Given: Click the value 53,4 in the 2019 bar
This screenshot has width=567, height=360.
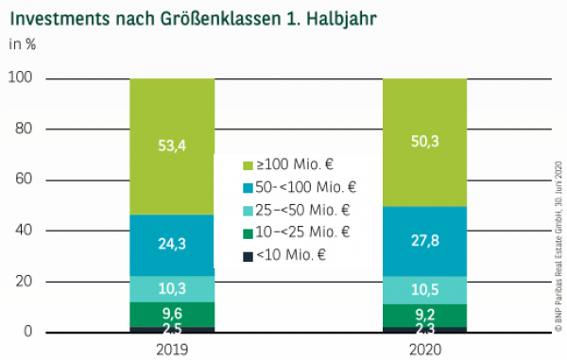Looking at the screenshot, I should [x=172, y=145].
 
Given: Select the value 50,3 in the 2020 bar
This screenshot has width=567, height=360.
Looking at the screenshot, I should [x=424, y=141].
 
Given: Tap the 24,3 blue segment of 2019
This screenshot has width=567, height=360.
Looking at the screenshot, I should [x=172, y=245].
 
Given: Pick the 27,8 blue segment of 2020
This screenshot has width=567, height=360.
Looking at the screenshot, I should [x=424, y=241].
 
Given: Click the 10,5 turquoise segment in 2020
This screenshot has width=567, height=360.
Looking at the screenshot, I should [x=424, y=289].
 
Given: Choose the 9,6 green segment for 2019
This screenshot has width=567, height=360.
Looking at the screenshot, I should [x=172, y=314].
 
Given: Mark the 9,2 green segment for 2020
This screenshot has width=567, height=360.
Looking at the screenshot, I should [x=424, y=314].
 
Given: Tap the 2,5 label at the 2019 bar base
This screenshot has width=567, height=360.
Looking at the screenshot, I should [x=172, y=328].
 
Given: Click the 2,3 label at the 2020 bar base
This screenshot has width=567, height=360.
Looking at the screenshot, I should [x=424, y=328].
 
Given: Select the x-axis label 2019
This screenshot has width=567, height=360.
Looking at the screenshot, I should [x=172, y=348].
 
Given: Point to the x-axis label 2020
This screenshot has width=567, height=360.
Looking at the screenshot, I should [x=424, y=348].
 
